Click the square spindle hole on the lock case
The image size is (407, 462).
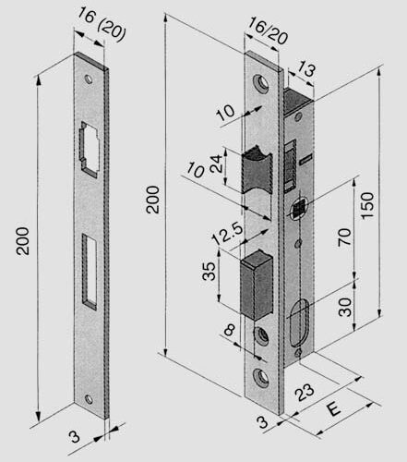pyautogui.click(x=298, y=210)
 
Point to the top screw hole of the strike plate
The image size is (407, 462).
pyautogui.click(x=90, y=79)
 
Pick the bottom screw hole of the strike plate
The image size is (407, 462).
pyautogui.click(x=90, y=400)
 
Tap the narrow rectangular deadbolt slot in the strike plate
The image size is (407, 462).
pyautogui.click(x=89, y=269)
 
